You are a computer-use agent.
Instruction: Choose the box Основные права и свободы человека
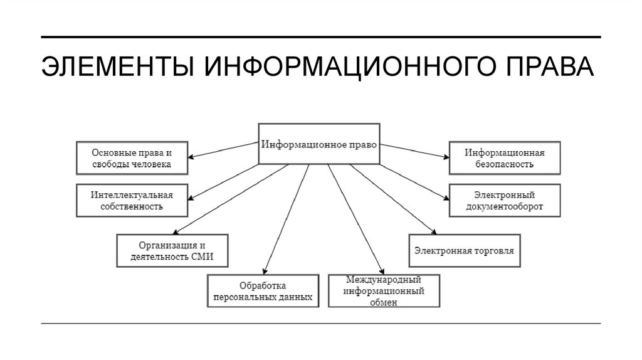pyautogui.click(x=131, y=158)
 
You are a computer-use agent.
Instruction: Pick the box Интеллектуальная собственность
pyautogui.click(x=131, y=199)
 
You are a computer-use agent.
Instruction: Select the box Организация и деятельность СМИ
pyautogui.click(x=172, y=250)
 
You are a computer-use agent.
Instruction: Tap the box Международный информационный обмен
pyautogui.click(x=383, y=290)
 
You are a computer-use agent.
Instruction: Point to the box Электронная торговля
pyautogui.click(x=465, y=250)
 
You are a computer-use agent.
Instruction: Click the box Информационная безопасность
pyautogui.click(x=504, y=158)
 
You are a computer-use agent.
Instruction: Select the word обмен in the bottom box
pyautogui.click(x=383, y=302)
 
